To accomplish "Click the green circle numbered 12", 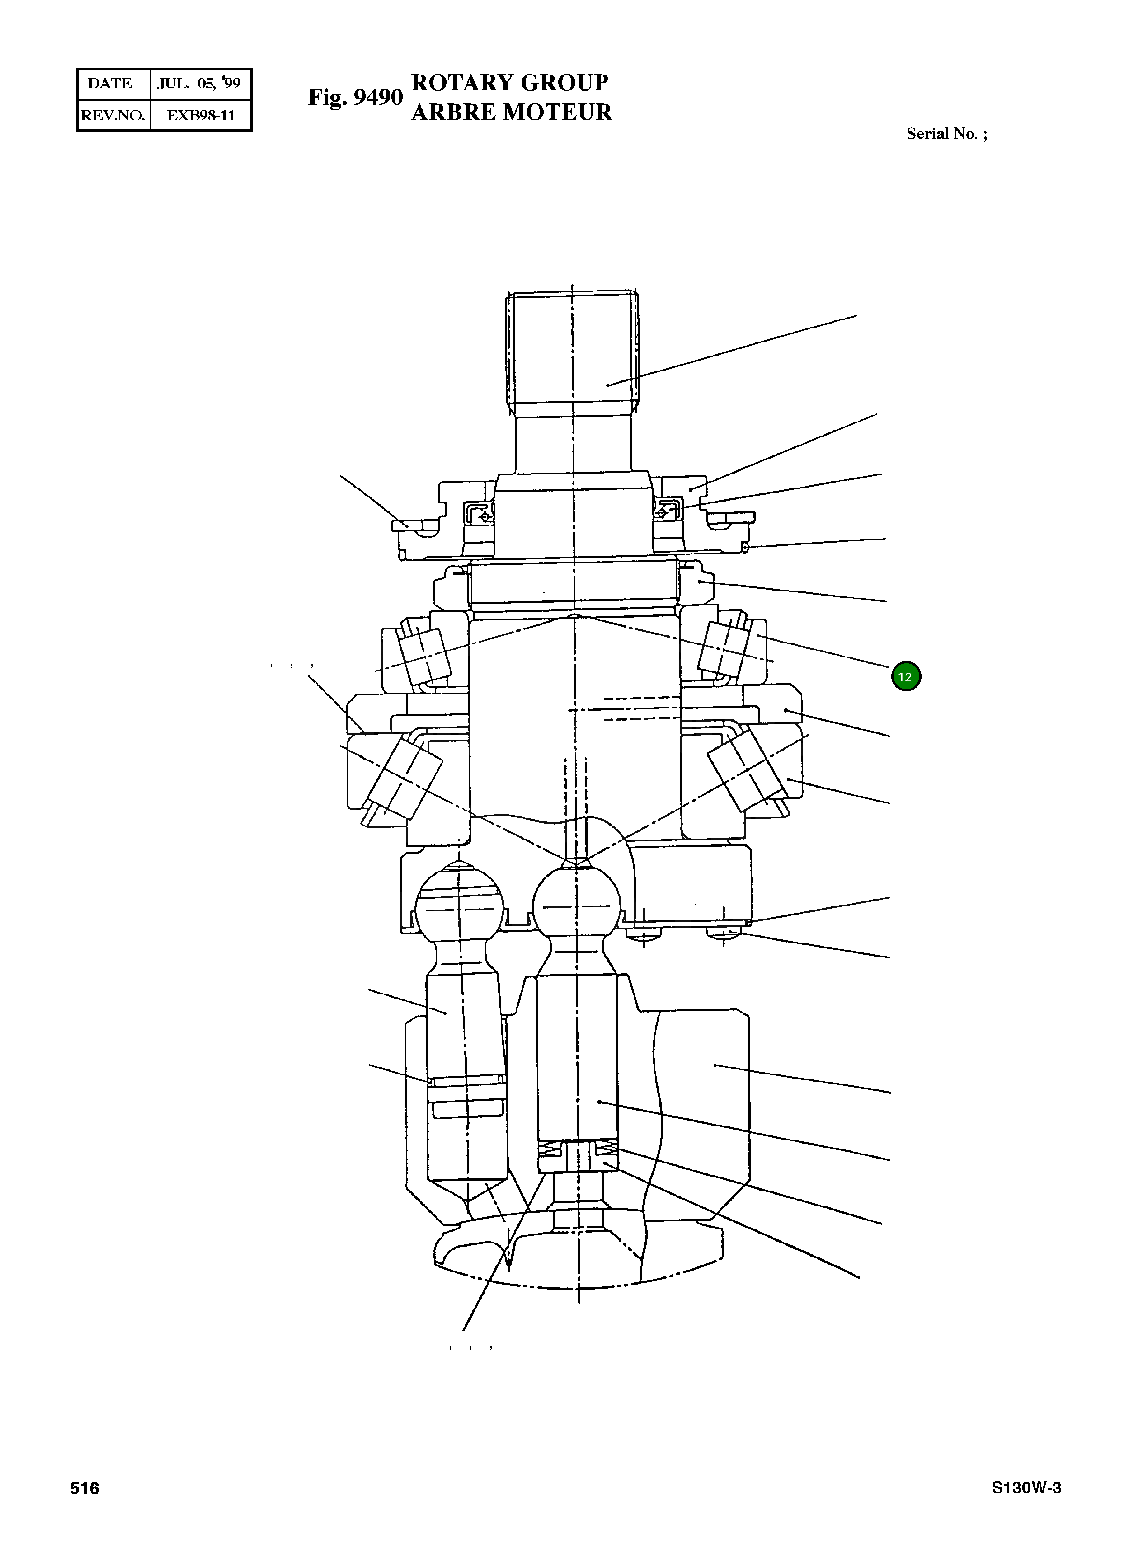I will pyautogui.click(x=906, y=676).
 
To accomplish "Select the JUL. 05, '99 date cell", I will pyautogui.click(x=199, y=83).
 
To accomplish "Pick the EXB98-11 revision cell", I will pyautogui.click(x=201, y=115).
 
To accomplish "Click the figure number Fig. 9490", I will pyautogui.click(x=355, y=97).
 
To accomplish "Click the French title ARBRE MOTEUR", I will pyautogui.click(x=511, y=112).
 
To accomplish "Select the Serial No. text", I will pyautogui.click(x=946, y=134).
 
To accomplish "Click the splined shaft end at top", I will pyautogui.click(x=573, y=351).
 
